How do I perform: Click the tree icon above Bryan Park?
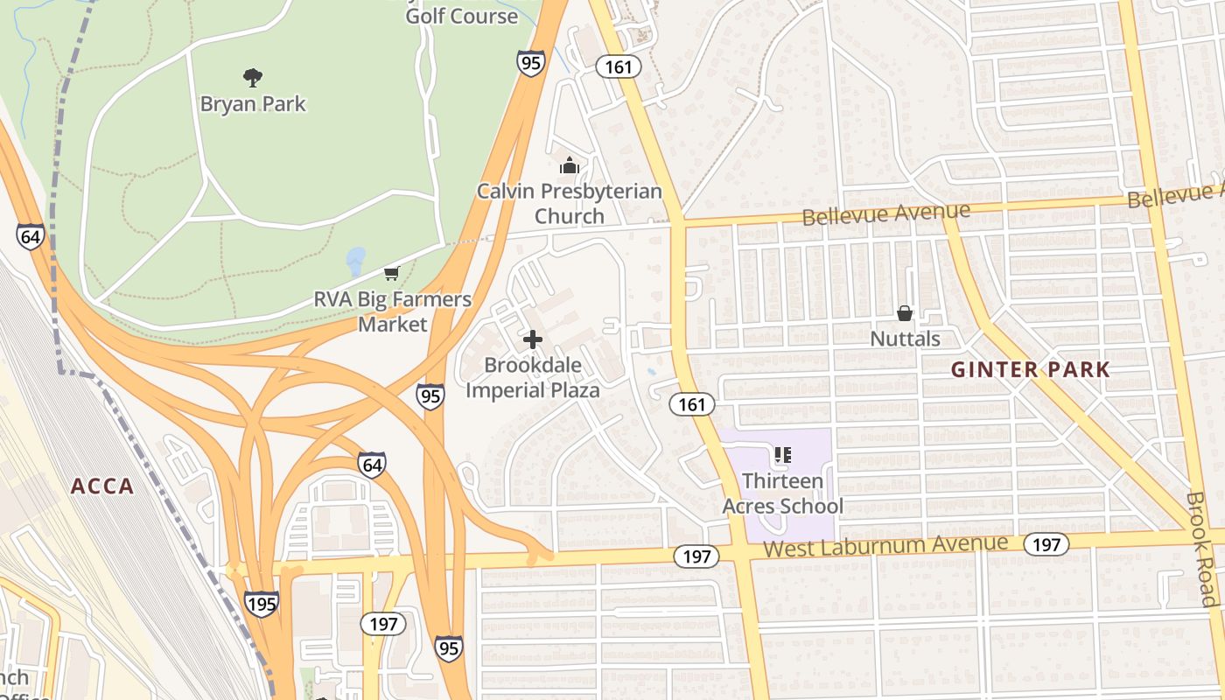[x=253, y=78]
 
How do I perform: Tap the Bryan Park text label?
[x=253, y=104]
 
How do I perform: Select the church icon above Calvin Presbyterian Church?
[x=570, y=164]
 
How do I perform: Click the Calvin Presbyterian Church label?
[x=569, y=203]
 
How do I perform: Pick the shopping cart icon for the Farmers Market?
[x=392, y=274]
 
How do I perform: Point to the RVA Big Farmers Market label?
[x=393, y=311]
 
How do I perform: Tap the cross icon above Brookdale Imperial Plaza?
[x=533, y=339]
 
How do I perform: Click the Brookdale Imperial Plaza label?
[x=533, y=377]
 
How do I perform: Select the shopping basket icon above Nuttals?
[x=905, y=313]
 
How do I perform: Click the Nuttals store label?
[x=905, y=339]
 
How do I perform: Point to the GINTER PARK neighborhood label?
[x=1030, y=369]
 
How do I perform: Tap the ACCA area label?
[x=102, y=486]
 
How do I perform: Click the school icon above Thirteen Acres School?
[x=782, y=455]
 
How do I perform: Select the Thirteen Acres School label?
[x=782, y=493]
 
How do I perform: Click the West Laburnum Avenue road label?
[x=885, y=547]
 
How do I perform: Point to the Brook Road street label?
[x=1201, y=549]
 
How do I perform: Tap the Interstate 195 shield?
[x=261, y=603]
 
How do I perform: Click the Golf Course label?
[x=461, y=15]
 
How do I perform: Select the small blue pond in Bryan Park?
[x=355, y=259]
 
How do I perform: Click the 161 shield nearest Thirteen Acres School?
[x=692, y=404]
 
